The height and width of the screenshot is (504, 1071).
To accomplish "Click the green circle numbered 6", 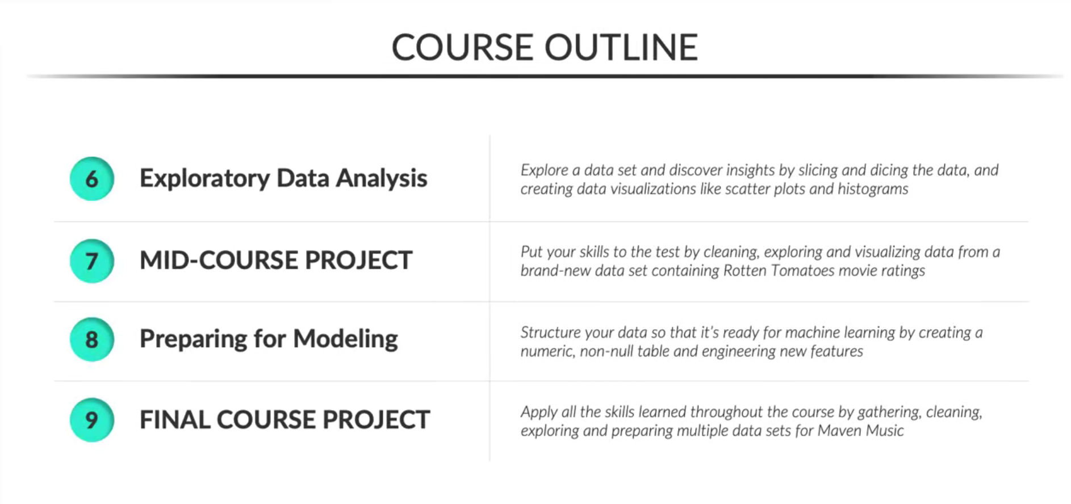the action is pyautogui.click(x=92, y=179).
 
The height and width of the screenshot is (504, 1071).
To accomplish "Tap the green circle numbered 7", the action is pyautogui.click(x=92, y=261).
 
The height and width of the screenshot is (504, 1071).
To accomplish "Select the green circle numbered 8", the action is pyautogui.click(x=92, y=339).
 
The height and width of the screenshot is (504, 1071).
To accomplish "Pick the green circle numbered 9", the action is pyautogui.click(x=92, y=420).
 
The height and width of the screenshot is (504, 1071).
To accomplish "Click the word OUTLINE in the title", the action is pyautogui.click(x=621, y=47).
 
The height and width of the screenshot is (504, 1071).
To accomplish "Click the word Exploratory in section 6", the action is pyautogui.click(x=204, y=179).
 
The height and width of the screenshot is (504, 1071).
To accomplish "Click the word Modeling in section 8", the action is pyautogui.click(x=345, y=339).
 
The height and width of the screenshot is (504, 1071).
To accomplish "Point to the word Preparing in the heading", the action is pyautogui.click(x=193, y=339).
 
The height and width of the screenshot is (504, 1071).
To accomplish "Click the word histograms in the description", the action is pyautogui.click(x=873, y=189).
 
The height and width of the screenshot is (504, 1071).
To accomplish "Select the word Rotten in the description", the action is pyautogui.click(x=745, y=271).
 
